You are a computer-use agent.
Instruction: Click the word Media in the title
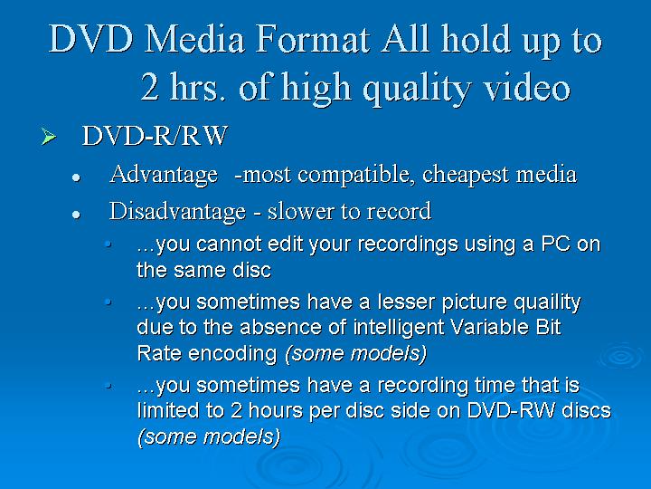click(x=194, y=39)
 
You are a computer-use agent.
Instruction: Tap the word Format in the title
click(x=312, y=39)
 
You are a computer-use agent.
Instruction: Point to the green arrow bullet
click(x=49, y=137)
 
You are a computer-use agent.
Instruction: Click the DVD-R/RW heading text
click(x=155, y=136)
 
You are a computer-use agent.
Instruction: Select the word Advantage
click(x=164, y=175)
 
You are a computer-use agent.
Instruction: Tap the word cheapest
click(x=465, y=175)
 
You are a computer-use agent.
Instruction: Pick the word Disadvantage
click(x=177, y=211)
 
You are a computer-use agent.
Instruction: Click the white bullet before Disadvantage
click(x=76, y=215)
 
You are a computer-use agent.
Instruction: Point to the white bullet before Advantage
click(x=76, y=177)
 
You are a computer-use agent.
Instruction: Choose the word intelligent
click(x=399, y=329)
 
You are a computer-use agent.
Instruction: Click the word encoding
click(x=232, y=355)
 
